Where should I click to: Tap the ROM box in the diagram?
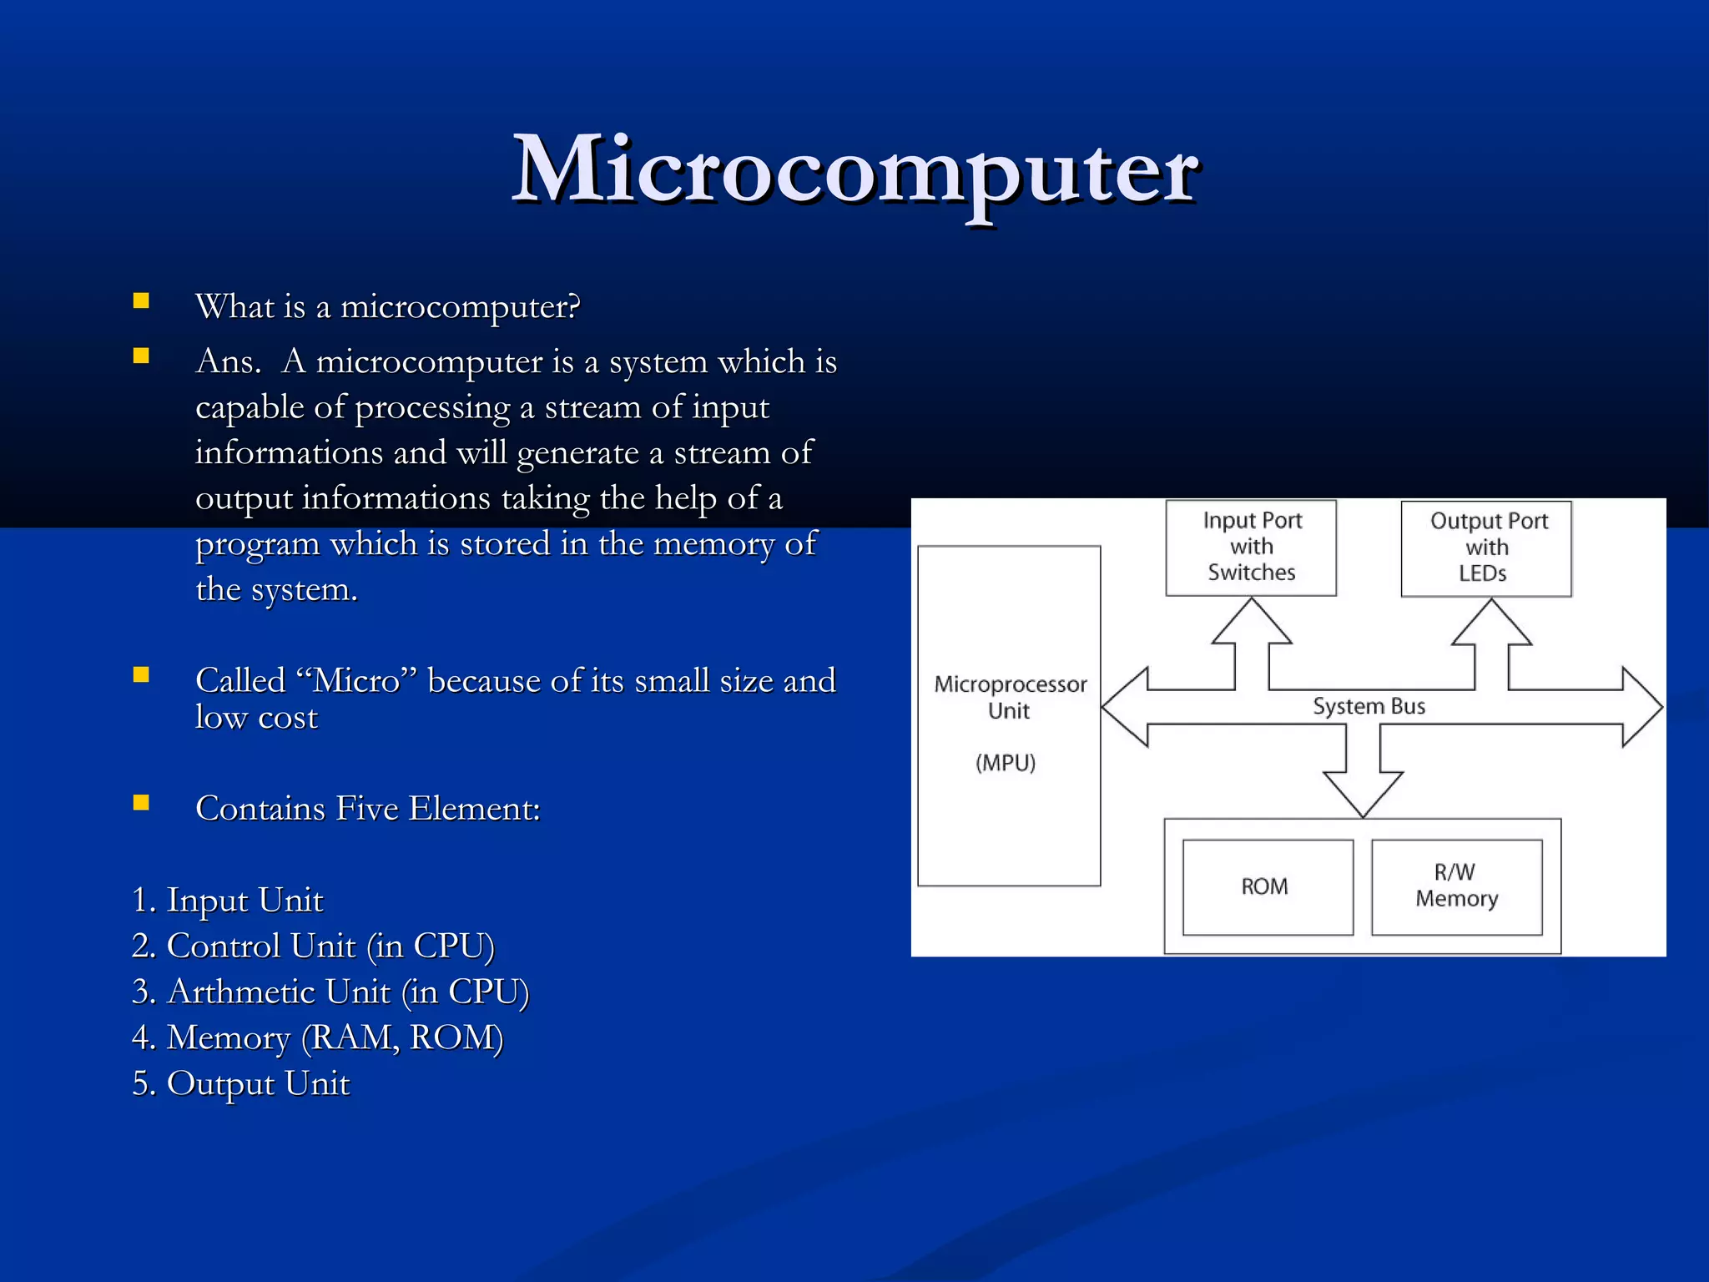[1267, 886]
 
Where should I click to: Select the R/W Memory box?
[1456, 886]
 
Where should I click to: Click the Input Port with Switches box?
[1251, 547]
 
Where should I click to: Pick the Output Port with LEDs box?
[1486, 548]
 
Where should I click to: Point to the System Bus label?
[1369, 706]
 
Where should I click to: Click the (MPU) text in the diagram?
[1006, 762]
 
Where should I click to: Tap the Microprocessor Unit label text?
[1010, 697]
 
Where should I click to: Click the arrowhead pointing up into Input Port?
[1251, 621]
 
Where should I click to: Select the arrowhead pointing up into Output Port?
[1491, 622]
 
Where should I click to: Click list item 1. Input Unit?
[227, 900]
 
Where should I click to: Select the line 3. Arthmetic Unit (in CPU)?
[330, 992]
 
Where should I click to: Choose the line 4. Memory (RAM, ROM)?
[317, 1037]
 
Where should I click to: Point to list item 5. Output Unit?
[240, 1083]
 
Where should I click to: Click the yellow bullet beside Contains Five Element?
[141, 803]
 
